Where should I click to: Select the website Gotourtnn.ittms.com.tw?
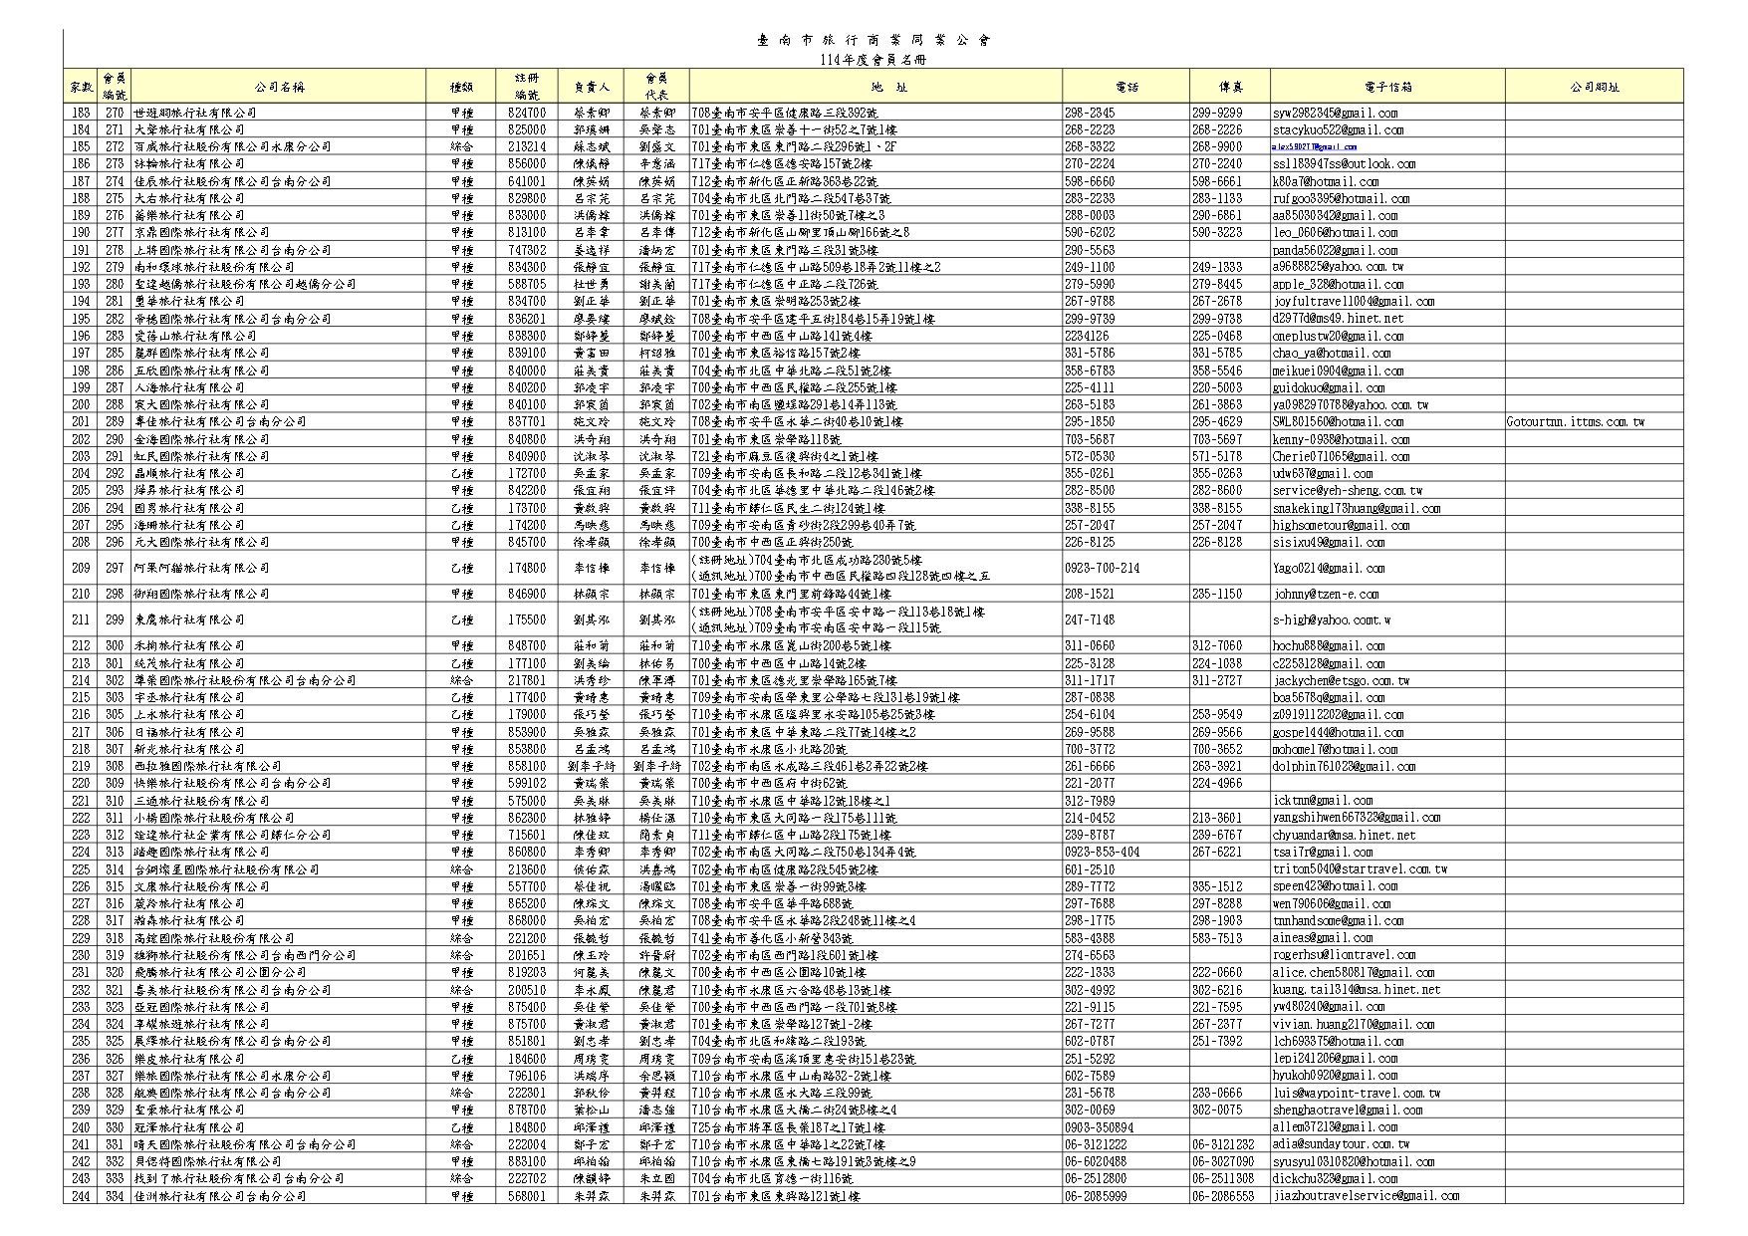pos(1576,422)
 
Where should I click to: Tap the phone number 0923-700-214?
pos(1102,569)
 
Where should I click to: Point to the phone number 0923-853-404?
pos(1102,853)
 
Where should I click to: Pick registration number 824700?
pos(526,113)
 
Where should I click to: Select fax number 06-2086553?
pos(1223,1196)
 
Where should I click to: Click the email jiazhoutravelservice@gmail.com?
pos(1366,1196)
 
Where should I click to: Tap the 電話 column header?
pos(1126,87)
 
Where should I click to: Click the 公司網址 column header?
pos(1594,87)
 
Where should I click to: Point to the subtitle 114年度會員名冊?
pos(873,60)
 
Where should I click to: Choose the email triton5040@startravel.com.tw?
pos(1360,869)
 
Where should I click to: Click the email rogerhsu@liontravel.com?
pos(1344,955)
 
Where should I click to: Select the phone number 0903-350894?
pos(1099,1127)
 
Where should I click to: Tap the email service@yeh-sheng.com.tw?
pos(1347,491)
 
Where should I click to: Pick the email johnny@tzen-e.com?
pos(1326,595)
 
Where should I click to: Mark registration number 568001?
pos(526,1196)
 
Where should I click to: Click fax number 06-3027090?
pos(1223,1162)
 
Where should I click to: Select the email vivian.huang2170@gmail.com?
pos(1353,1025)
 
